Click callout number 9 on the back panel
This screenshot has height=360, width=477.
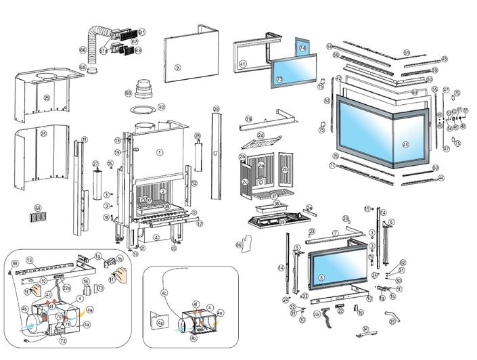click(177, 68)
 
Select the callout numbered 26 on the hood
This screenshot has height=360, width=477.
click(47, 97)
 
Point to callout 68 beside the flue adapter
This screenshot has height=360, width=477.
click(129, 93)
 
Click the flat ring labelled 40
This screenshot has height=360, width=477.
click(161, 107)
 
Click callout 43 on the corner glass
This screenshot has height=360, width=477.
click(405, 144)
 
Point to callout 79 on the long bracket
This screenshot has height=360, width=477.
click(248, 119)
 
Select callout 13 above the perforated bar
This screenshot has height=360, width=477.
click(30, 260)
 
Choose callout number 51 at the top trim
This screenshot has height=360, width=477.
click(407, 52)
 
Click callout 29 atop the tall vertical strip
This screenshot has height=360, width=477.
click(216, 109)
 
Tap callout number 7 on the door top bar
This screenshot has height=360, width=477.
click(334, 233)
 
